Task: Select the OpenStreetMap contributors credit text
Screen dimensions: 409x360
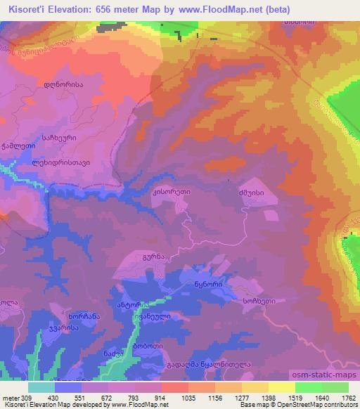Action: (316, 405)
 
